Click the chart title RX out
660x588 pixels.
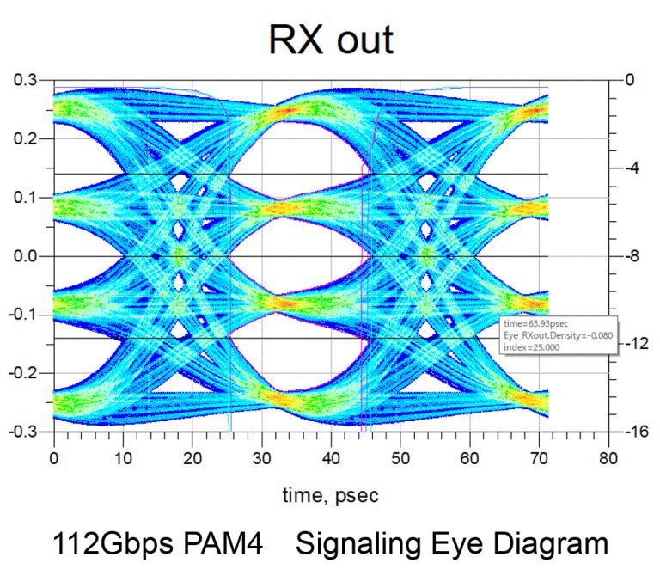(331, 40)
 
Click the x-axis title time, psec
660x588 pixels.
(331, 494)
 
